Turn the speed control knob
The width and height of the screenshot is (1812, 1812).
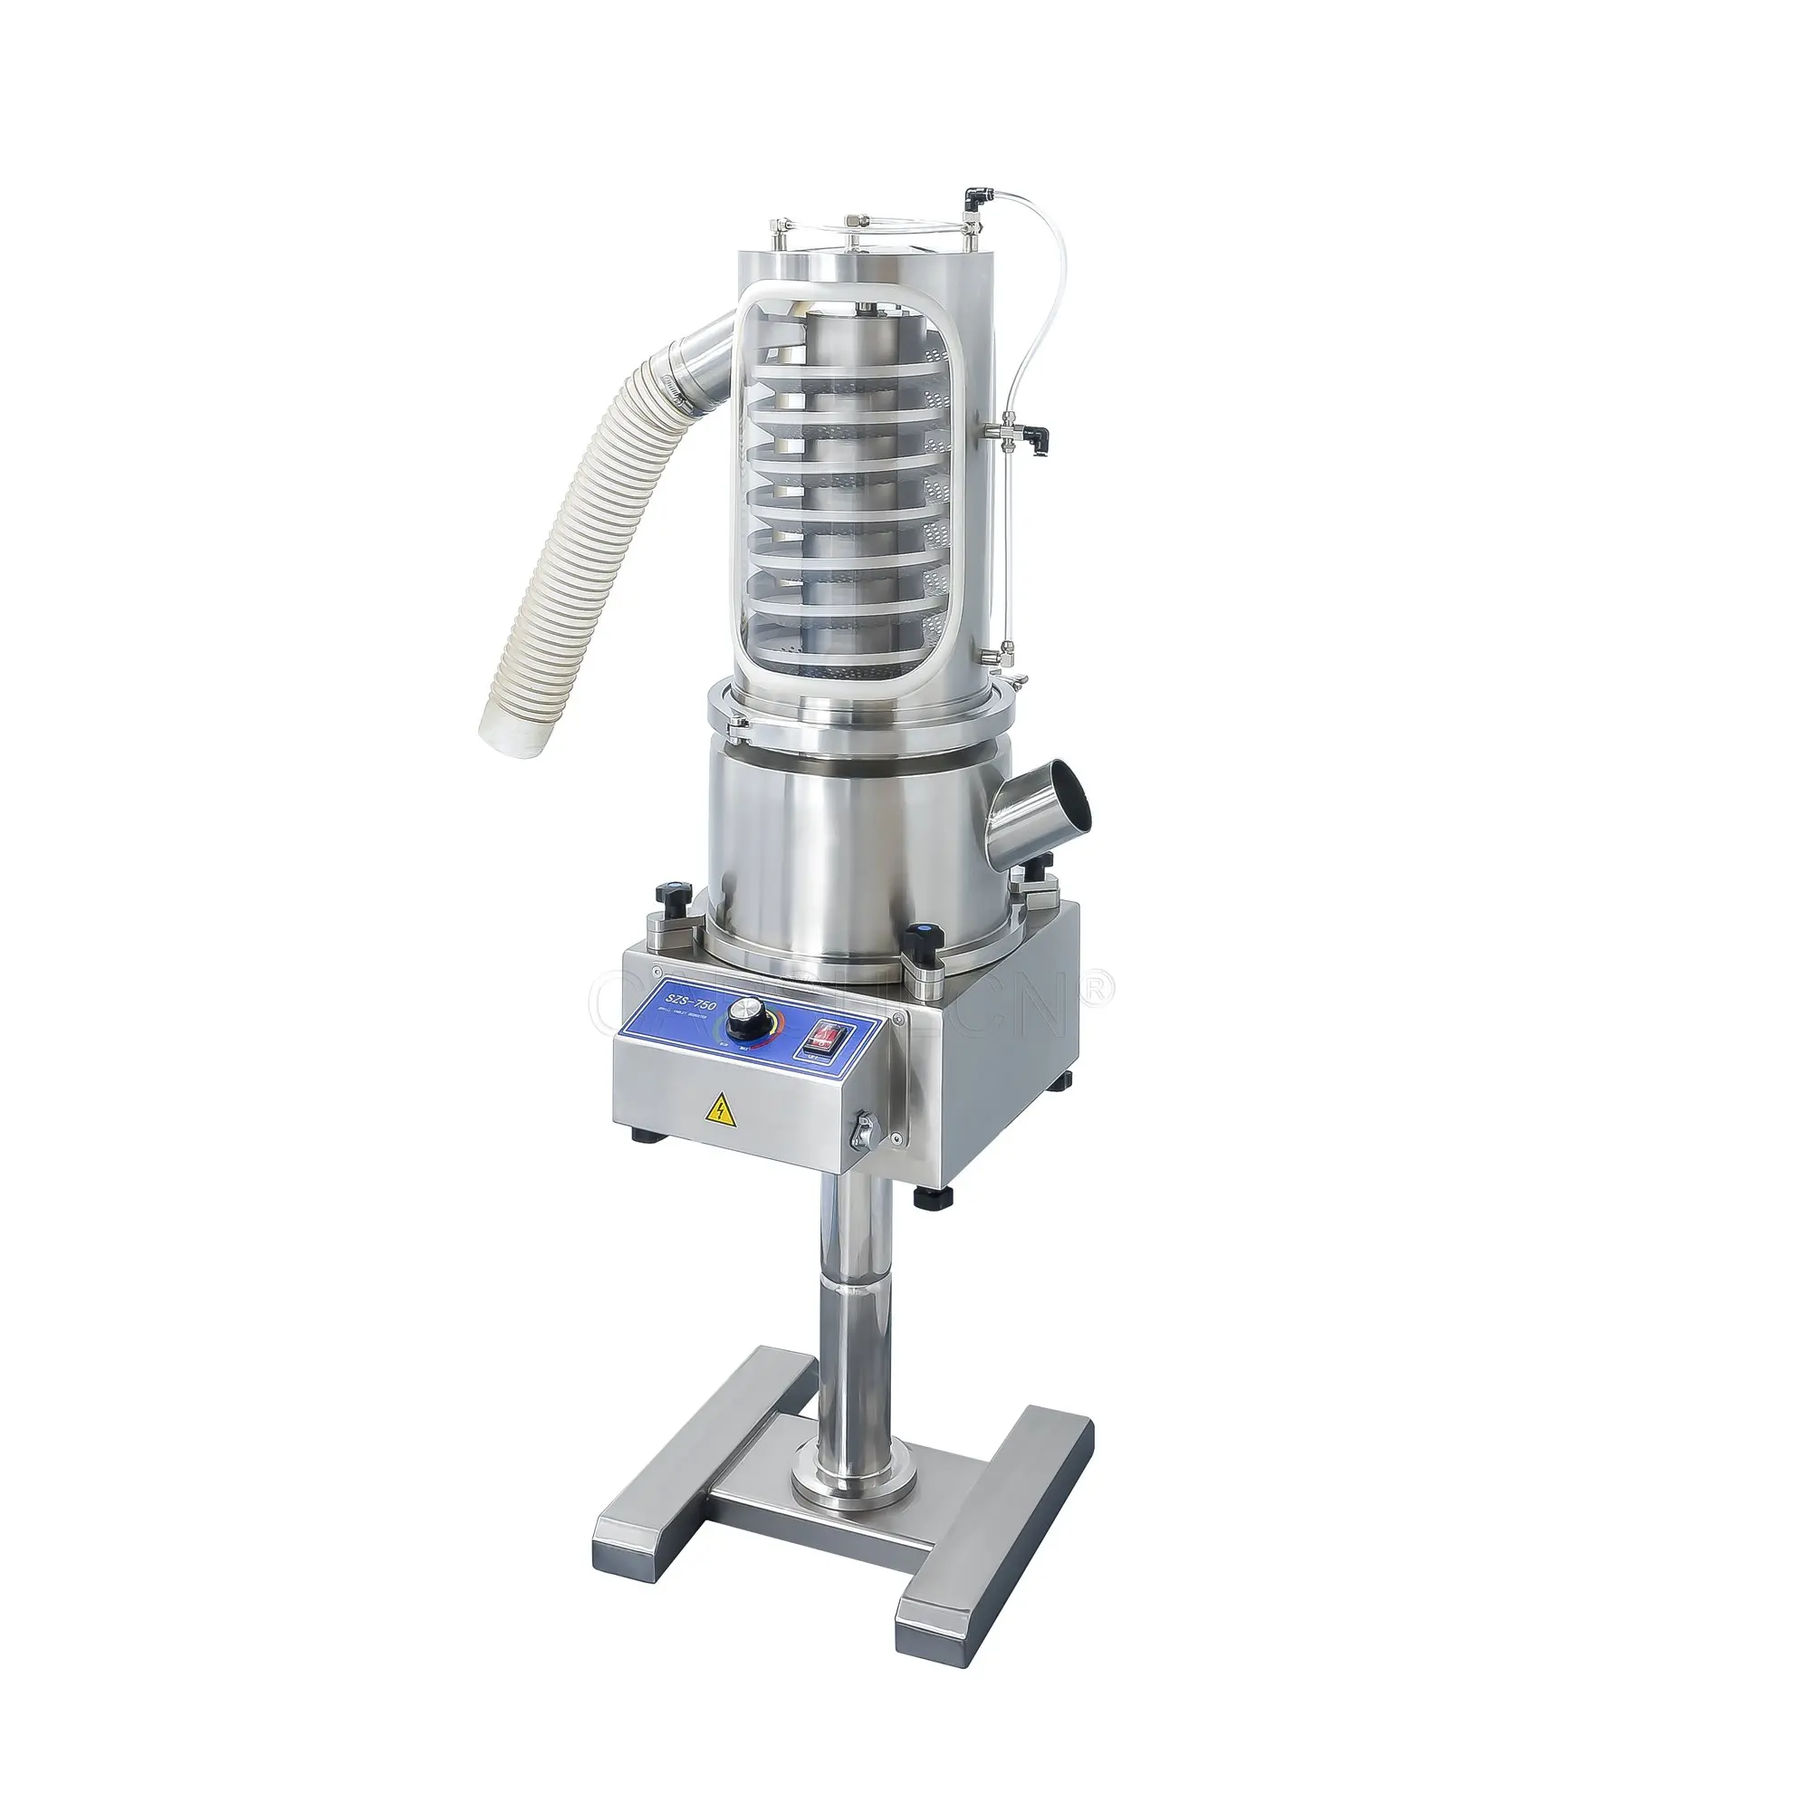[746, 1013]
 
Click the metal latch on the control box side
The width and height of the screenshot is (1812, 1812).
[864, 1129]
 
